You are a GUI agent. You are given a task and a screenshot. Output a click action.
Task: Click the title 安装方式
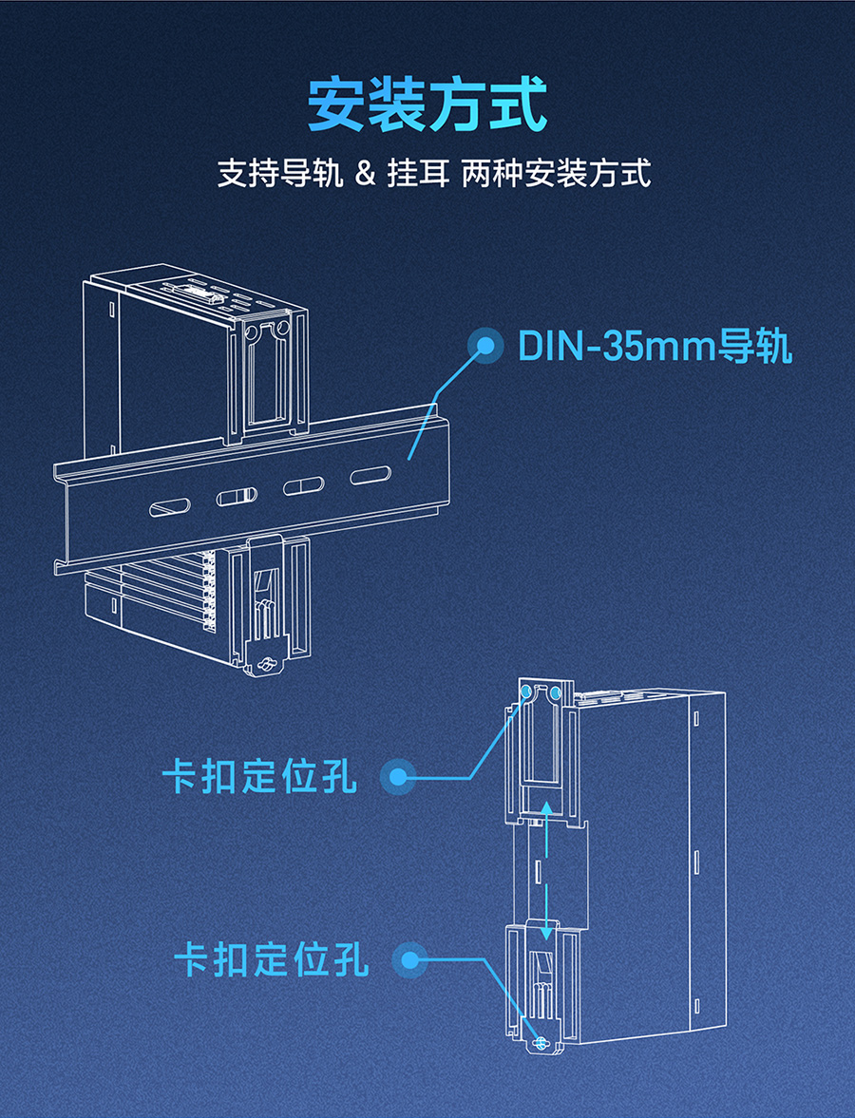click(427, 104)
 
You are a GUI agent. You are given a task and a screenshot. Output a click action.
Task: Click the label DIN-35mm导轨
click(655, 347)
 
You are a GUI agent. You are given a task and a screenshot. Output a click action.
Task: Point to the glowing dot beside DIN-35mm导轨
click(488, 346)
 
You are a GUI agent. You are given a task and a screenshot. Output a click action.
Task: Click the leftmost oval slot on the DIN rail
click(169, 508)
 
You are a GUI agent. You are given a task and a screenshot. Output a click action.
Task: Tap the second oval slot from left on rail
click(237, 497)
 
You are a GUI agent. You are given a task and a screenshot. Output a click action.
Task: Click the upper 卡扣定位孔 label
click(259, 777)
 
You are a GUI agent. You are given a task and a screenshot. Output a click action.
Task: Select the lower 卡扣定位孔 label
click(271, 959)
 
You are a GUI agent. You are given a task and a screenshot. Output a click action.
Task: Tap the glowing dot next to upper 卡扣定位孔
click(398, 778)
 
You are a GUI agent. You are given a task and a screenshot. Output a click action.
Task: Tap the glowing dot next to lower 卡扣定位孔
click(409, 960)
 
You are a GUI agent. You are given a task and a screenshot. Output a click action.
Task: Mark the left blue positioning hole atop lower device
click(527, 692)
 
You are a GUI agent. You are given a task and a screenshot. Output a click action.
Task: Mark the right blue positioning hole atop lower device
click(556, 692)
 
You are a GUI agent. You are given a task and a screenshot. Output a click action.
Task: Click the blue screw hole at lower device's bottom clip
click(541, 1044)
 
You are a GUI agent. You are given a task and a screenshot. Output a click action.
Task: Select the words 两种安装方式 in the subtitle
click(556, 175)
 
